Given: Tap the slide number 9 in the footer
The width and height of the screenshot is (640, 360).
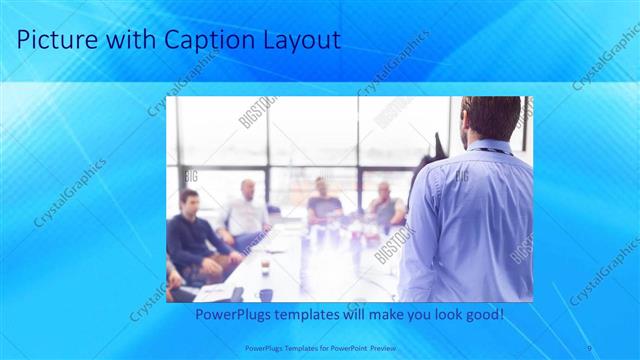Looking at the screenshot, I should pyautogui.click(x=589, y=347).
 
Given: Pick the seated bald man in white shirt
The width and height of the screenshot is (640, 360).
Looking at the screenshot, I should pyautogui.click(x=246, y=210).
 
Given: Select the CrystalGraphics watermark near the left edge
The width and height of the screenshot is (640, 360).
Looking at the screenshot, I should pyautogui.click(x=70, y=192).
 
